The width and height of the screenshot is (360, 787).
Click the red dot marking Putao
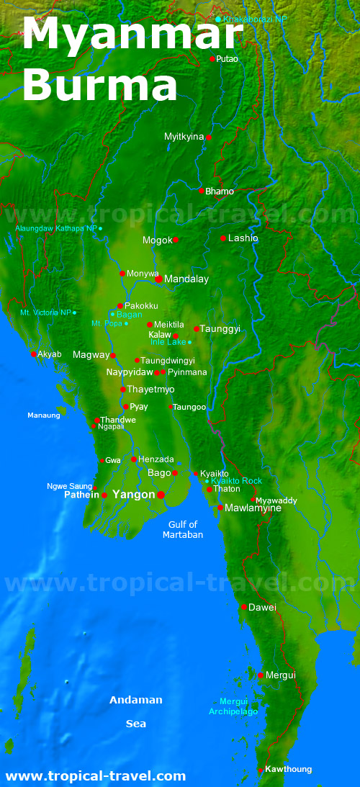[212, 59]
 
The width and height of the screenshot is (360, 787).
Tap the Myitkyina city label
[184, 137]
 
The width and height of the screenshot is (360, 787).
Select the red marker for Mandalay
[158, 279]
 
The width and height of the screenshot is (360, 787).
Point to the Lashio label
[243, 238]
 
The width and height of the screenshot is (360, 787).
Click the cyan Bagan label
[130, 315]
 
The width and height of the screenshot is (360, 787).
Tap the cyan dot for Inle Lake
[190, 342]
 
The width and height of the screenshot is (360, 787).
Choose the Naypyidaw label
[130, 372]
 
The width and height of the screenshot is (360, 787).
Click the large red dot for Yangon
[161, 495]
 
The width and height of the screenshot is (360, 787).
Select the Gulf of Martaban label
[183, 530]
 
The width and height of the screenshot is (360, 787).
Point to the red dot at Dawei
[244, 607]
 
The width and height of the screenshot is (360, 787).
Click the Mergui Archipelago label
[233, 706]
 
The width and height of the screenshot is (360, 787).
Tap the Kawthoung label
[288, 769]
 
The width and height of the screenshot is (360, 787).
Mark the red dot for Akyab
[34, 354]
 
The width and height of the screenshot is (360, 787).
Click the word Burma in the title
[99, 86]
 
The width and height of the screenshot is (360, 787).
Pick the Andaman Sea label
[135, 711]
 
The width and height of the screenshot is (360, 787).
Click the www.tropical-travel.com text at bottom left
[95, 776]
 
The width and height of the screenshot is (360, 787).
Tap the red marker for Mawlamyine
[220, 508]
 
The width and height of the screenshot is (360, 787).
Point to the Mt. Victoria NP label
[46, 312]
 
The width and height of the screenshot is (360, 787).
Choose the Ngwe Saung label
[69, 486]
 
